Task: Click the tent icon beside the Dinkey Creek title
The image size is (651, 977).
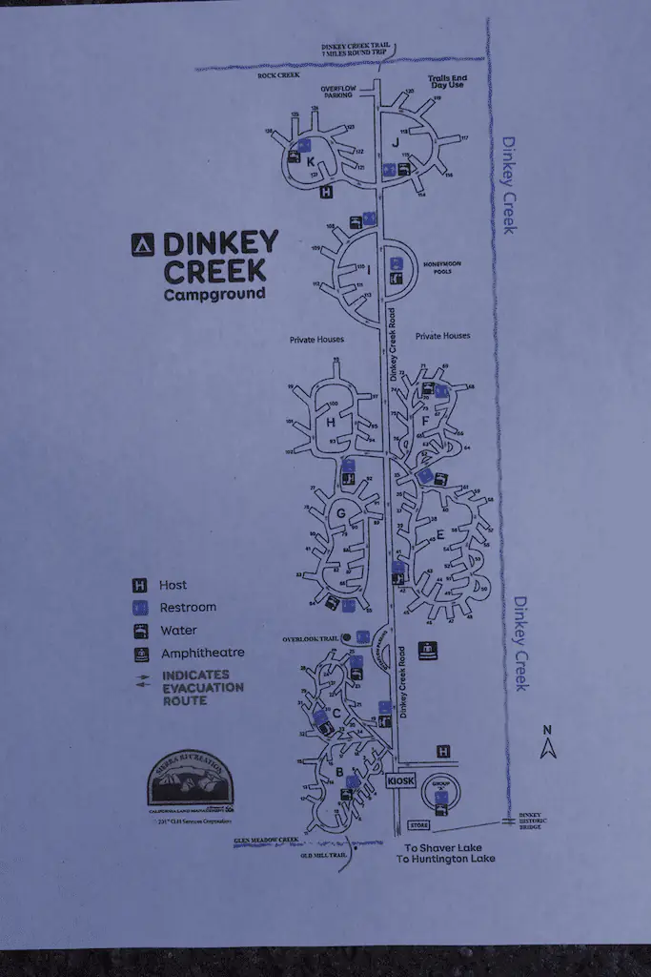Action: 142,245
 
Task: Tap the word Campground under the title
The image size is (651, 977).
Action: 214,295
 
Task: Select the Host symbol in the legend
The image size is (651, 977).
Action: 139,585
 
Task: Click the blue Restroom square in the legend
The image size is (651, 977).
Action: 139,608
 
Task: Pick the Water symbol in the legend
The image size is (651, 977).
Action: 139,631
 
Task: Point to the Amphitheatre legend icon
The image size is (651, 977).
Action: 139,654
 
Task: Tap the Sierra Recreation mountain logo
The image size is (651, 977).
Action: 190,780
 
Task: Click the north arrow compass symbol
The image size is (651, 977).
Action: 547,743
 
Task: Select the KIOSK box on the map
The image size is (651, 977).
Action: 400,781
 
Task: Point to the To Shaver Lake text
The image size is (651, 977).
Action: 443,847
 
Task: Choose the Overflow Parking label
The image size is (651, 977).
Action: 337,91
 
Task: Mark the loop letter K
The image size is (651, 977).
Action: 311,161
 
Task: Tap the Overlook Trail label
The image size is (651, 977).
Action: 314,637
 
